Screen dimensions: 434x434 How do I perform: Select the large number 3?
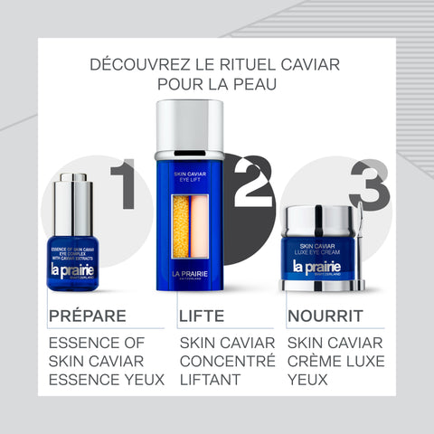point(369,184)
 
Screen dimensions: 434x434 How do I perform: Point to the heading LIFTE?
point(202,316)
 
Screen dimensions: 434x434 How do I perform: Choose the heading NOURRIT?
point(325,316)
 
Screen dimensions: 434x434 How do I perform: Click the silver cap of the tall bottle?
point(189,127)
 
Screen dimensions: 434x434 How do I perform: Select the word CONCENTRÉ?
point(227,361)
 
